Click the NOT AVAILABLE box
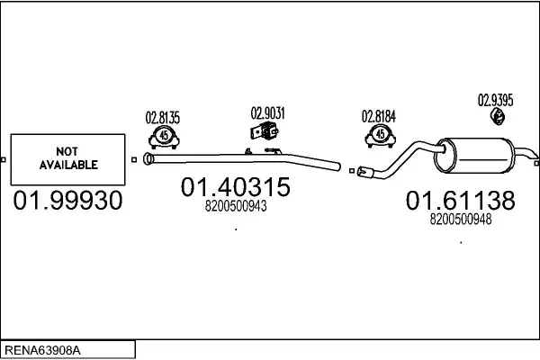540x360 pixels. tap(67, 159)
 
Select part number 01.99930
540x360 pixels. tap(67, 200)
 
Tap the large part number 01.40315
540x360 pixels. tap(236, 187)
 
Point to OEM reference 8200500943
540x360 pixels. tap(236, 206)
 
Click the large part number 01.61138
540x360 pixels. tap(461, 200)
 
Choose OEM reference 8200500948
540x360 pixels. tap(461, 219)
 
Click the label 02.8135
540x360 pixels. tap(163, 118)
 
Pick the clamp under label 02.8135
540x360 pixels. tap(164, 137)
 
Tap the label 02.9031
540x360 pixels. tap(267, 113)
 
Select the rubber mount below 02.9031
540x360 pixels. tap(264, 130)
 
